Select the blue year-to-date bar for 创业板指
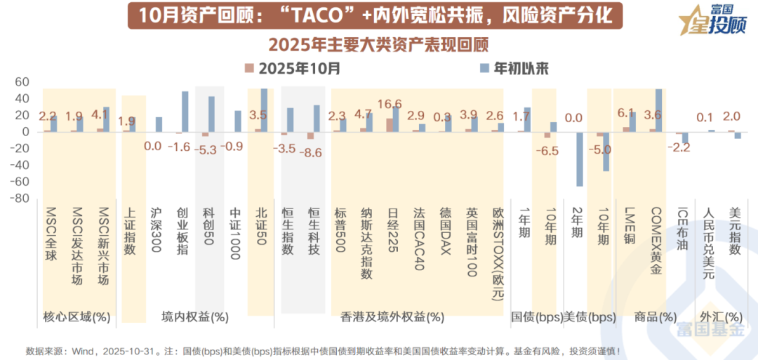185,112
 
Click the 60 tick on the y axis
22,82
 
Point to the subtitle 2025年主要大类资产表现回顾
378,44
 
